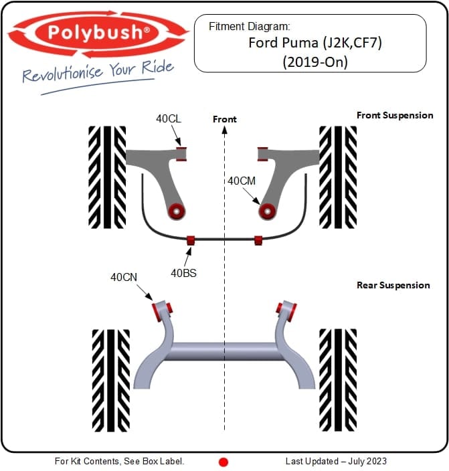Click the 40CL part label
(x=169, y=118)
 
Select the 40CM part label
(x=242, y=181)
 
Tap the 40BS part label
(x=183, y=273)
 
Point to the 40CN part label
(x=124, y=277)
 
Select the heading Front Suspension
(x=395, y=115)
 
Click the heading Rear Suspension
(x=393, y=285)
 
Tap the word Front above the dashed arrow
(x=225, y=119)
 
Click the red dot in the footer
(x=223, y=462)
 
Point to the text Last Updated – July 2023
(x=336, y=461)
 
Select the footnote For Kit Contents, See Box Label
(x=119, y=461)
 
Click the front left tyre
(x=107, y=177)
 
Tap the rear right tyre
(x=338, y=380)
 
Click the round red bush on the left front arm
(x=177, y=211)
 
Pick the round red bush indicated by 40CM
(x=267, y=211)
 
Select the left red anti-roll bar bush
(x=191, y=241)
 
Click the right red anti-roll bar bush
(x=258, y=241)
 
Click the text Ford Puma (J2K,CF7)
(x=315, y=43)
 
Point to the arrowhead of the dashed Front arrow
(x=225, y=130)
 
